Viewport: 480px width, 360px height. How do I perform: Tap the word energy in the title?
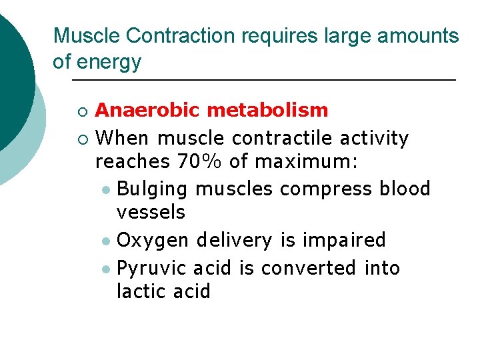click(109, 62)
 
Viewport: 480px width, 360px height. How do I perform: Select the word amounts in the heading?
click(419, 36)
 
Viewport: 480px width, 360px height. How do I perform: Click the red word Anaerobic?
click(147, 110)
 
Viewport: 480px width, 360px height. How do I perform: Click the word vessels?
click(151, 213)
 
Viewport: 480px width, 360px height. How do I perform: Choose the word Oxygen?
click(151, 240)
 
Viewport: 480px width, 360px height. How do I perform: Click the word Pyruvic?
click(151, 268)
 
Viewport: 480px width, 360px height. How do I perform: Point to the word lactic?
click(139, 291)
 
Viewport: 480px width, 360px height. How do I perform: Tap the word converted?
click(309, 268)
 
